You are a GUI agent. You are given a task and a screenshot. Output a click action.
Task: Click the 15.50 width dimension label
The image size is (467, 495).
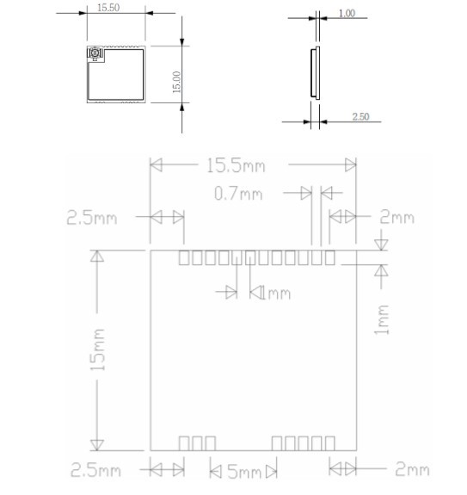108,8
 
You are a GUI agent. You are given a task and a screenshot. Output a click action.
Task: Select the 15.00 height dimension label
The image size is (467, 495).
177,82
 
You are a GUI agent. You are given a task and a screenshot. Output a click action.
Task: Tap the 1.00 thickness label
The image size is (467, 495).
347,13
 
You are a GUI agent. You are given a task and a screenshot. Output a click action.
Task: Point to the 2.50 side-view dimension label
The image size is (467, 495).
360,116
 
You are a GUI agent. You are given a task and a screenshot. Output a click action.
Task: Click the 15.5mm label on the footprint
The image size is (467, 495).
236,166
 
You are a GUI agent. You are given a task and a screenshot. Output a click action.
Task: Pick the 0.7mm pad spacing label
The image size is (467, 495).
238,193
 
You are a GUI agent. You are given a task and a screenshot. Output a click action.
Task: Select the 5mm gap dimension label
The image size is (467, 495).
245,472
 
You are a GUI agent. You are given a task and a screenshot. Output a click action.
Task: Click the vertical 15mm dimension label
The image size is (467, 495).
98,350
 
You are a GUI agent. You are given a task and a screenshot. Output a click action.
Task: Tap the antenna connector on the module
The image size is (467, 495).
95,53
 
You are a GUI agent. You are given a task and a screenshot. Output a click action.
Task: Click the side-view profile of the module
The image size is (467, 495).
315,73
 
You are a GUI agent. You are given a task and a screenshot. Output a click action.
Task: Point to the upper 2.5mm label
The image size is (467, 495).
92,218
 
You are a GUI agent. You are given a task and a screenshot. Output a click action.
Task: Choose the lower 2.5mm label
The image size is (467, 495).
95,470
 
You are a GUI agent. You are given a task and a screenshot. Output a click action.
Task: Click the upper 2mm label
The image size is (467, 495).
397,217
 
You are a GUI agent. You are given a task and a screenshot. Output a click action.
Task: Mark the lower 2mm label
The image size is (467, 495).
413,469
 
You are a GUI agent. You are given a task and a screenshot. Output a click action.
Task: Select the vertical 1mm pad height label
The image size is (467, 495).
382,319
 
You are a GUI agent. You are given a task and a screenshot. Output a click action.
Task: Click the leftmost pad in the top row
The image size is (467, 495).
184,257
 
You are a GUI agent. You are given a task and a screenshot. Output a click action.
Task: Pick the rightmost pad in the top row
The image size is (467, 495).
330,257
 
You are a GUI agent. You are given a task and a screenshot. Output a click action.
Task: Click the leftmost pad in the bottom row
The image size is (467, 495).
184,443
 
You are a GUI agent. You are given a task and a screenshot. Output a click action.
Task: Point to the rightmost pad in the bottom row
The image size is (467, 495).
330,443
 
